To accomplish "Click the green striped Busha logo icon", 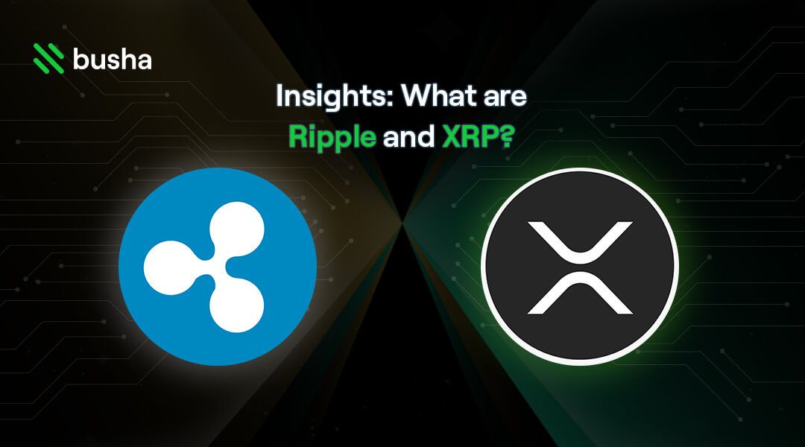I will (x=49, y=58).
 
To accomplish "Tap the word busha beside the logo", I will (x=112, y=58).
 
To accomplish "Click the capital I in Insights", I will (x=279, y=98).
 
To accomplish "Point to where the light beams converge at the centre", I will (x=403, y=222).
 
